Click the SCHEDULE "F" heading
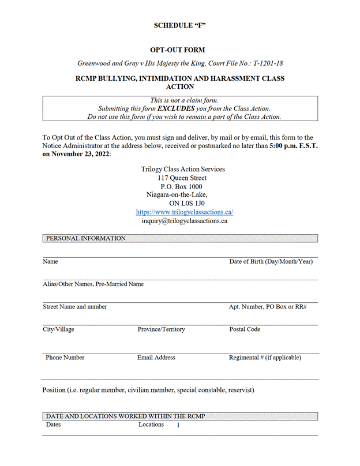[x=180, y=25]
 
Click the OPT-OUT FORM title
[x=180, y=50]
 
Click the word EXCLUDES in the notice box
[x=175, y=108]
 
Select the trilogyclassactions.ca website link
[x=184, y=212]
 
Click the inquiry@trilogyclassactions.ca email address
[x=184, y=220]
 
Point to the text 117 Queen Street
[x=182, y=178]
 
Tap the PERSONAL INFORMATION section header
[x=85, y=238]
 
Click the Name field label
[x=50, y=261]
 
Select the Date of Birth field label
[x=271, y=261]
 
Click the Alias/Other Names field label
[x=93, y=284]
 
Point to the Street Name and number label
[x=74, y=306]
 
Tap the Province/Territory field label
[x=161, y=329]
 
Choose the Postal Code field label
[x=244, y=329]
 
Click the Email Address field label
[x=156, y=358]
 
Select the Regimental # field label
[x=264, y=358]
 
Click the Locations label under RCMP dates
[x=151, y=424]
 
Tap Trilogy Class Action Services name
[x=183, y=170]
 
